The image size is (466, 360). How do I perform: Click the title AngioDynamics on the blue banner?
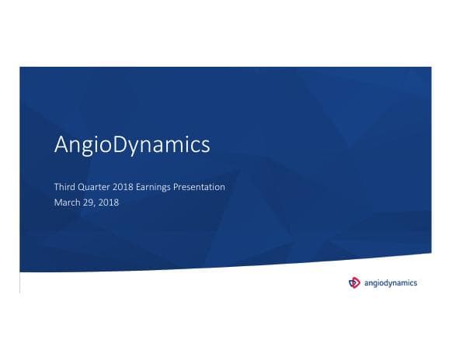(132, 145)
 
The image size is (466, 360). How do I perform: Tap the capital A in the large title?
(62, 145)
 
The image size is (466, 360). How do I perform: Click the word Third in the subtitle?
(64, 188)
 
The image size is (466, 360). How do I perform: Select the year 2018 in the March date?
(110, 202)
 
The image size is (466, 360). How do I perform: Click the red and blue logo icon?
(355, 282)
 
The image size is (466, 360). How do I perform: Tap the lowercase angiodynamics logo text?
(391, 283)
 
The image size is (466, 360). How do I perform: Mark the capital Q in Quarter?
(83, 188)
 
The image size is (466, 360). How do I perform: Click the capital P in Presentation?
(183, 188)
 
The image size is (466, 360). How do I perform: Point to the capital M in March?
(57, 202)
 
